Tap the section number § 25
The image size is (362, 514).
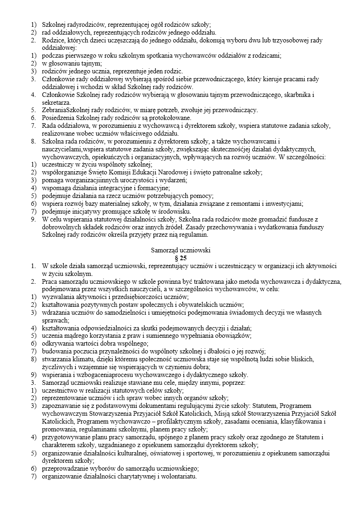pos(181,258)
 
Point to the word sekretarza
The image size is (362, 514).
pos(56,102)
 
